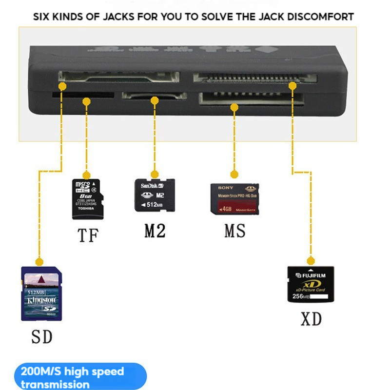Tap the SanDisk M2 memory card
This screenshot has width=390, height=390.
pos(155,195)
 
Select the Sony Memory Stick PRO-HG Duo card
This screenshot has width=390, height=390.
pos(234,199)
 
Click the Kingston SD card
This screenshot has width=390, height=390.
pos(41,293)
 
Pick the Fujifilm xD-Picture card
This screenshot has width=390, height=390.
pos(311,285)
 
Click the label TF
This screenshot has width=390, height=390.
pos(88,235)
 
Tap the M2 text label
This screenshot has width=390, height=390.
pos(155,231)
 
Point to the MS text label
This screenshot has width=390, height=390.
pos(235,231)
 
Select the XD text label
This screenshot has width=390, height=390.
pos(311,319)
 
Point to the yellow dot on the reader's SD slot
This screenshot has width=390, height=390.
pos(62,86)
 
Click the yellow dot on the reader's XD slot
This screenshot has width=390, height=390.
pos(292,86)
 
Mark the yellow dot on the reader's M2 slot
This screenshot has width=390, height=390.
pos(155,101)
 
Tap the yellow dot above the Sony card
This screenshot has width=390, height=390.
pos(234,174)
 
